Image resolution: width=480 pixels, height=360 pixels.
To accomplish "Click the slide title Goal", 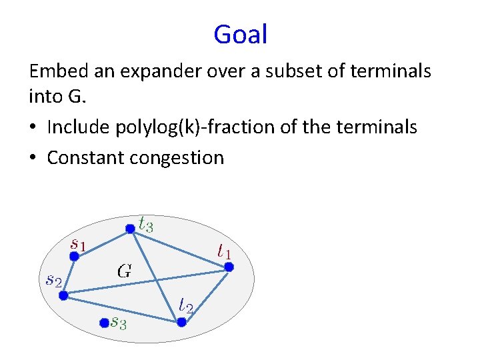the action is (240, 34).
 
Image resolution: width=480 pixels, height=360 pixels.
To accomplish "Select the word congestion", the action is (180, 158).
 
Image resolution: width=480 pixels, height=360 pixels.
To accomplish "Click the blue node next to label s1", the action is (75, 256).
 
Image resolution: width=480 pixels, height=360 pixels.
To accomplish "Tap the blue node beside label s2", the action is (63, 295).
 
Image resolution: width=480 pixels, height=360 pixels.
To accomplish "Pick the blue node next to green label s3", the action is (104, 323).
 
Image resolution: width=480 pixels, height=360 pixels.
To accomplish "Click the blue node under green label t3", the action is (130, 229).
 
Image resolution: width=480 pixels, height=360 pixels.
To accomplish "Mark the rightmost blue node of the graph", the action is (229, 267).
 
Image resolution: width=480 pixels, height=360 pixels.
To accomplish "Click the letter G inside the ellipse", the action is (125, 271).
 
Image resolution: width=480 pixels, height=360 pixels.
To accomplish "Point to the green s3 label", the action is (120, 323).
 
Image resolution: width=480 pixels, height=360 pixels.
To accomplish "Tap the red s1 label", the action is (78, 243).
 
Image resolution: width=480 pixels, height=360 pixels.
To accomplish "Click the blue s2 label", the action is (53, 280).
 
